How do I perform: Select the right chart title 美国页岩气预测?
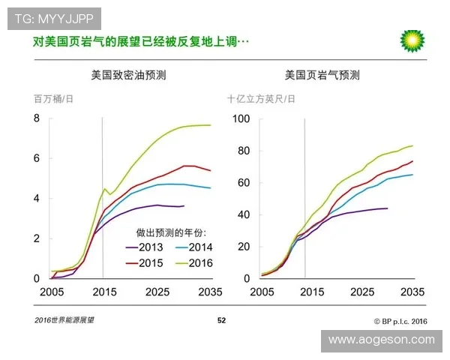coord(322,75)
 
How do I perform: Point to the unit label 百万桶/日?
coord(53,99)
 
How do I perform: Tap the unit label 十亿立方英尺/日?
coord(261,99)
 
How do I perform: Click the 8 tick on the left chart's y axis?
coord(37,118)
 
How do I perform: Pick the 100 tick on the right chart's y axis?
coord(240,118)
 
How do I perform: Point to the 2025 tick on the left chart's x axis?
coord(157,291)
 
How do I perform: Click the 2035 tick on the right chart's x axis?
coord(413,291)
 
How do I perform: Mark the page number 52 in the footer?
coord(221,321)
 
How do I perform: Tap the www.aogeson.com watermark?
coord(381,340)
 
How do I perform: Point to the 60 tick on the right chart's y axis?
coord(243,182)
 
